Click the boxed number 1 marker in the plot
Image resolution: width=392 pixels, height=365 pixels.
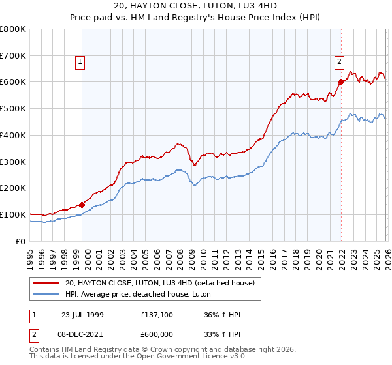(80, 63)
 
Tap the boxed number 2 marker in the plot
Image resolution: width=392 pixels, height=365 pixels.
(340, 63)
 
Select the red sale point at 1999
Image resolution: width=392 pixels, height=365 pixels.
(82, 205)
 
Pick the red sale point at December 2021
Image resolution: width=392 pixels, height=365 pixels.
(341, 82)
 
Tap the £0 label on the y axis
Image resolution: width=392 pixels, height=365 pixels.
(20, 241)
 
